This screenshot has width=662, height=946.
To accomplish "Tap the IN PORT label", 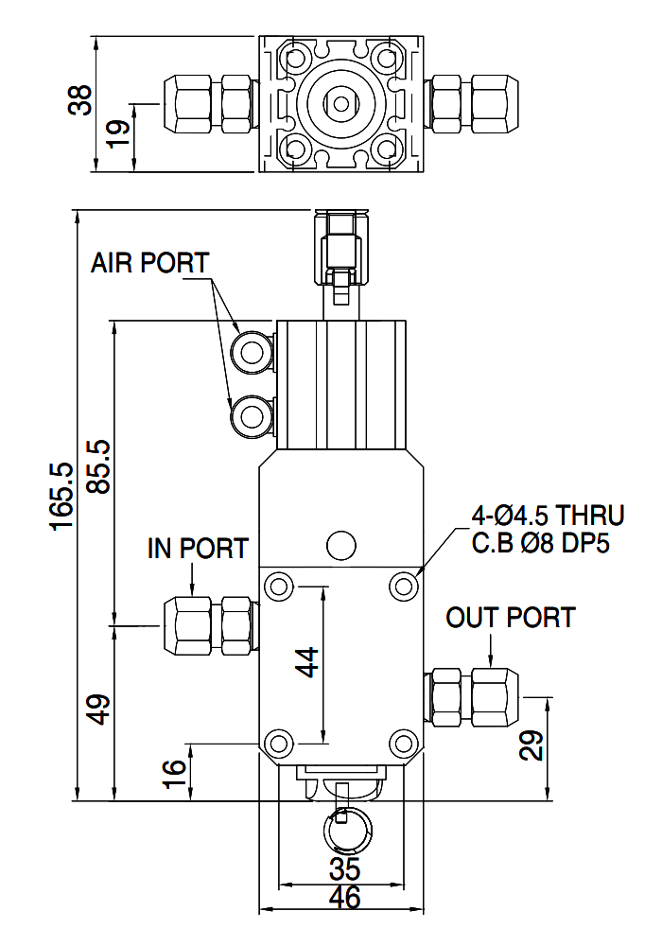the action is click(x=198, y=549).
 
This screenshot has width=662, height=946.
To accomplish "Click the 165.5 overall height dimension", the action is click(x=62, y=497).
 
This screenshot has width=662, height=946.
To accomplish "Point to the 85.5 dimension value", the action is click(x=99, y=466).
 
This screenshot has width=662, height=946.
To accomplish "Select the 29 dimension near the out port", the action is click(x=531, y=745).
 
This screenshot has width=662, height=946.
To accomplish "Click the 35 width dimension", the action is click(x=345, y=869).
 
